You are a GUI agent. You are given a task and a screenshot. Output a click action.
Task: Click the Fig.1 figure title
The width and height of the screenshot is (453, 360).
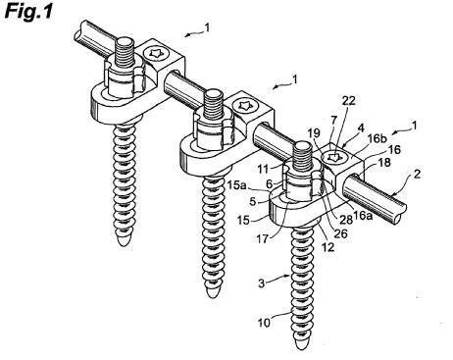point(28,12)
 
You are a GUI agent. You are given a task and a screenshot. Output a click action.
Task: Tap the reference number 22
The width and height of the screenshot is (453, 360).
point(348,100)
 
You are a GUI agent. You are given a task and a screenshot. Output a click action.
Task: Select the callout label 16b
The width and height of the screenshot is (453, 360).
point(377,138)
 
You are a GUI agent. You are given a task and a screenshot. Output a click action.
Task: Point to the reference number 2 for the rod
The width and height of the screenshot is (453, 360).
point(417,174)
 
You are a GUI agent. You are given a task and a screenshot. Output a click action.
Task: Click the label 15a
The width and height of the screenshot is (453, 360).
point(237,185)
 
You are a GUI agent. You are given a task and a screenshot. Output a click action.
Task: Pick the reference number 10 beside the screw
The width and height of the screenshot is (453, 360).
point(264,323)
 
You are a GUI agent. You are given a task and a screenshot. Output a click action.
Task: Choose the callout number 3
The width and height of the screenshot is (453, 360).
point(261,283)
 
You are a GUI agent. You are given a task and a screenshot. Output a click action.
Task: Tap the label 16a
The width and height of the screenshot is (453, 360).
point(364,216)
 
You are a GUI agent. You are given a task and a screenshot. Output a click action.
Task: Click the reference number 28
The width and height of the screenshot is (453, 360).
point(345,220)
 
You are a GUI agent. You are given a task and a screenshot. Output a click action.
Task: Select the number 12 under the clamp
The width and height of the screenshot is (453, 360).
point(327,247)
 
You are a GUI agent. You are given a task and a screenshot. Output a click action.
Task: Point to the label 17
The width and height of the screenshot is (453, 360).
point(262,239)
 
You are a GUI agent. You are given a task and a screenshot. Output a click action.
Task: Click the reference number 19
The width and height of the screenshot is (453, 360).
point(314,133)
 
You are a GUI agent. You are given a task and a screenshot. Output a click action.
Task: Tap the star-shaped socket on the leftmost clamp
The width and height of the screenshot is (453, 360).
point(155,53)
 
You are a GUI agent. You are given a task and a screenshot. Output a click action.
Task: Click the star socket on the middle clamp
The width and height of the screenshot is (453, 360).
point(244,105)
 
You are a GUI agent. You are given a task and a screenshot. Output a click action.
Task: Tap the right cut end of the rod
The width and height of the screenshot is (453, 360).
point(401,216)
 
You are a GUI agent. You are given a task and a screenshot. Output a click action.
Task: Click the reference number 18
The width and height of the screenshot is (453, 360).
point(383,163)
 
